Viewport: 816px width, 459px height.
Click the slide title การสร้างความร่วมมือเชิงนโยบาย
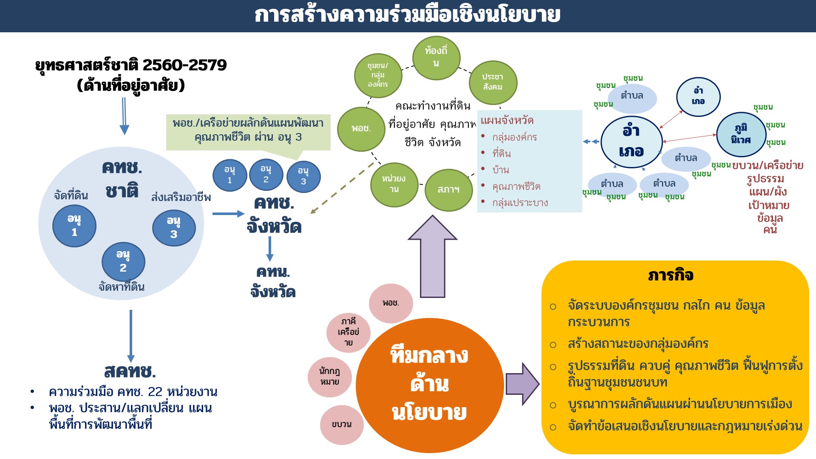[x=407, y=15]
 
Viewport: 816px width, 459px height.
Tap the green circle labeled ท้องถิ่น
[x=436, y=57]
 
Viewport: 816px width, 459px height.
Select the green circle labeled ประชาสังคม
[x=493, y=82]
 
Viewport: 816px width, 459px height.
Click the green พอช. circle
[x=361, y=129]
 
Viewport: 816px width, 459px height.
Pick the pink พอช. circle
[x=391, y=303]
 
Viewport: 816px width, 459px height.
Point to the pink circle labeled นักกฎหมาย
[x=330, y=377]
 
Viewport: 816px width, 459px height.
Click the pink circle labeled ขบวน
[x=342, y=425]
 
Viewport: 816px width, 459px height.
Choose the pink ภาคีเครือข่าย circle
[x=348, y=332]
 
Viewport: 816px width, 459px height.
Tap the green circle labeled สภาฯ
[x=448, y=190]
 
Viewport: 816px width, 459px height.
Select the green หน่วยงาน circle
[x=394, y=184]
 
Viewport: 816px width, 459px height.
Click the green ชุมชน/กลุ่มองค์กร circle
[x=378, y=75]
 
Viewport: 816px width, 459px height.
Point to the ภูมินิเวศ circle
[x=741, y=134]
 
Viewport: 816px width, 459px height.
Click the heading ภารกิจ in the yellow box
[x=671, y=275]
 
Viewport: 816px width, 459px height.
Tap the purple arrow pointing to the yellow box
[x=522, y=384]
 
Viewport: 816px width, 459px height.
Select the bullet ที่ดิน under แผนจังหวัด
[x=501, y=153]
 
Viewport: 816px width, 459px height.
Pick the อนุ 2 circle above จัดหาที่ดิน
[x=123, y=261]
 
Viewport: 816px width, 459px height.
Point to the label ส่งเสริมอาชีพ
[x=181, y=198]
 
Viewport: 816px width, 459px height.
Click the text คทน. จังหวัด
[x=273, y=282]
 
